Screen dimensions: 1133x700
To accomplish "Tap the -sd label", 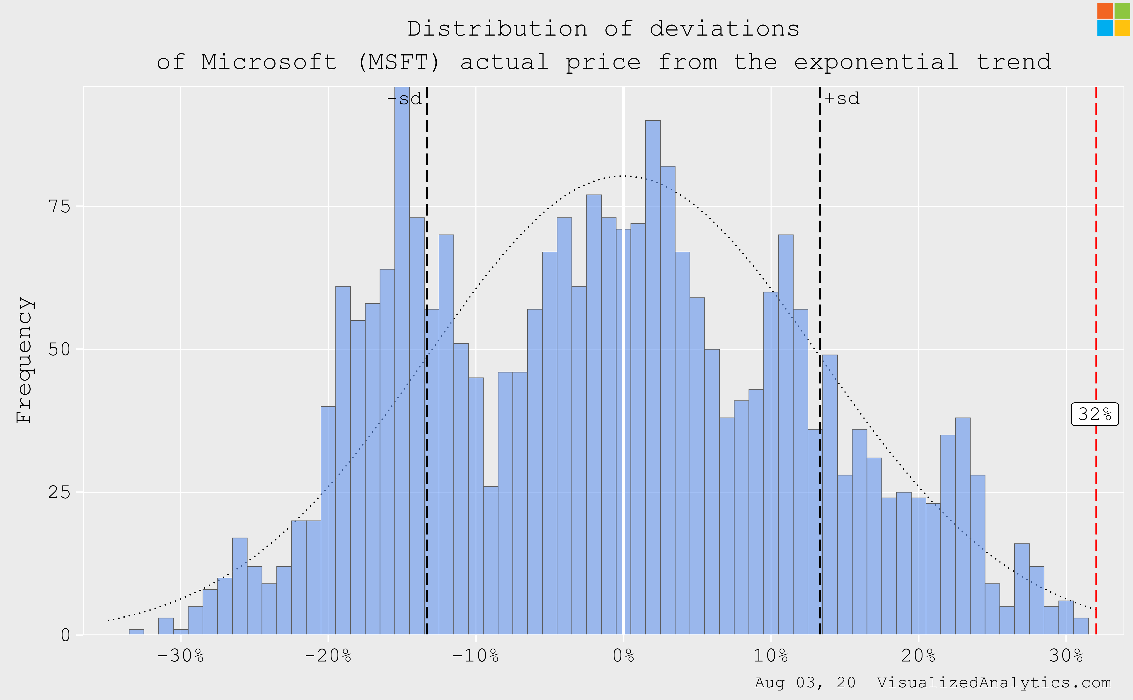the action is (x=405, y=99).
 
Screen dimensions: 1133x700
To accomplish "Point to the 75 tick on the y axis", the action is (x=59, y=206).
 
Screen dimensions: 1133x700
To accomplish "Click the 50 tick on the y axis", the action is (x=59, y=350).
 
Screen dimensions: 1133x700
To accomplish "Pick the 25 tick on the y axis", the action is (x=59, y=492).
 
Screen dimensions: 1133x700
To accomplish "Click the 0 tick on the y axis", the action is (x=65, y=635).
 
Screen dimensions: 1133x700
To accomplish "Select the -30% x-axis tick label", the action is (x=181, y=656).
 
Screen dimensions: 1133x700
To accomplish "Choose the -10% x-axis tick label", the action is (x=475, y=656).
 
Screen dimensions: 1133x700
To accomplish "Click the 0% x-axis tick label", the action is (x=623, y=656).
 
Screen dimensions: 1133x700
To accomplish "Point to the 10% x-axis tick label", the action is (x=771, y=656).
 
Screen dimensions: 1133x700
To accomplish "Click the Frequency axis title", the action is (x=24, y=360).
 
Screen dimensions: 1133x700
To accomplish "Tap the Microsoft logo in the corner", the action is (x=1114, y=19).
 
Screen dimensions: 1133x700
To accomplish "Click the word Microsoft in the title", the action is (x=269, y=62).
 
